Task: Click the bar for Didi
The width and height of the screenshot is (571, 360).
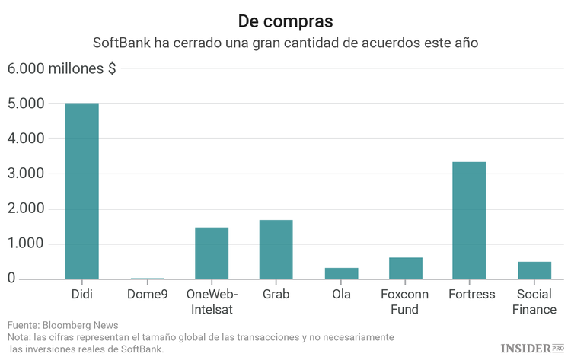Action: click(x=81, y=191)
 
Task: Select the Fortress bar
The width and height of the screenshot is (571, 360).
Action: click(x=469, y=221)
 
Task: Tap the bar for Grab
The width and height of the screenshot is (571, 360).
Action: click(x=276, y=250)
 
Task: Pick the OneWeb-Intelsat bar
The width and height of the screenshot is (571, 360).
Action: click(x=212, y=253)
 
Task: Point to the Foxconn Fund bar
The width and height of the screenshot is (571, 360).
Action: click(x=405, y=269)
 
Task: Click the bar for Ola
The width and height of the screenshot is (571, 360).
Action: click(x=341, y=273)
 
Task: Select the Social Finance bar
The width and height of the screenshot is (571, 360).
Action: click(x=534, y=270)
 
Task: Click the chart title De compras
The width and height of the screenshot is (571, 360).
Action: click(x=285, y=20)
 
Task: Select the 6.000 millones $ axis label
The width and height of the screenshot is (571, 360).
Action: click(x=62, y=68)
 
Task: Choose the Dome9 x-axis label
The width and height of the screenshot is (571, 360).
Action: click(x=147, y=294)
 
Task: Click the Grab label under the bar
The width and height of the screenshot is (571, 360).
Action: click(x=276, y=294)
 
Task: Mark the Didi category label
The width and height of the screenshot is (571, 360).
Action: click(x=81, y=294)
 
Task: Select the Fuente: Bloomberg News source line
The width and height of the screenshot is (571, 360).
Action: click(x=58, y=324)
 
